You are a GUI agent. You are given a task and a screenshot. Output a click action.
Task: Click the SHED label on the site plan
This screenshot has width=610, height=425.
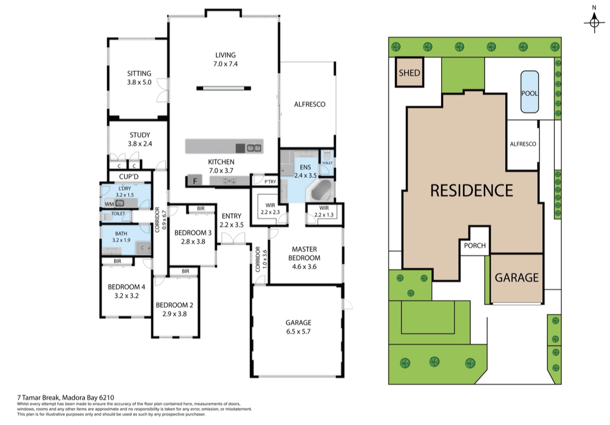tap(409, 72)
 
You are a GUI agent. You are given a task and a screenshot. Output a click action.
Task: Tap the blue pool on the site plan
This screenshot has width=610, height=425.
tap(530, 92)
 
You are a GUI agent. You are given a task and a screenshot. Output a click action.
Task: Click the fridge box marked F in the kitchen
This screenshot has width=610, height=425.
tap(195, 181)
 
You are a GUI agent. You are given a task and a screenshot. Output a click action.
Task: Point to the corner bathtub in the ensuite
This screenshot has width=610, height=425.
tap(321, 192)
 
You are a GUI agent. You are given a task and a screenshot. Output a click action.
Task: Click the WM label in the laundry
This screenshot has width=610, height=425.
tap(109, 204)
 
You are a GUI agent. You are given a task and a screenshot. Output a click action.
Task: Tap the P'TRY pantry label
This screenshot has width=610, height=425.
tap(270, 181)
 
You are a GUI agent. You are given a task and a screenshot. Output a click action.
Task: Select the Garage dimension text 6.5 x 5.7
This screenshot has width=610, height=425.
tap(298, 331)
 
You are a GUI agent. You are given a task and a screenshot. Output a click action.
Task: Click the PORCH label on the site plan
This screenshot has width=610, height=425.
tap(474, 245)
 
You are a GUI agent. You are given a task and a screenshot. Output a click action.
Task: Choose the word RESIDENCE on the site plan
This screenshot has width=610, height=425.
tap(471, 190)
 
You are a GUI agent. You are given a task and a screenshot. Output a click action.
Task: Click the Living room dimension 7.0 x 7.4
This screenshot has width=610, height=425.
tap(225, 64)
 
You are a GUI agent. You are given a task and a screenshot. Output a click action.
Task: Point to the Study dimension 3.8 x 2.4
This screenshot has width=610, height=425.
tap(140, 143)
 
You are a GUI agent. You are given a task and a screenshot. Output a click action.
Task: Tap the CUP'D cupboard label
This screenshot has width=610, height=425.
tap(129, 177)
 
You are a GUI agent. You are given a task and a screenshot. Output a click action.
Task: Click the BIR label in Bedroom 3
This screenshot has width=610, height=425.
tap(201, 209)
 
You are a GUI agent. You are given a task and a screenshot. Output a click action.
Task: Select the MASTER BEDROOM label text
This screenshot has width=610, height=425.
tap(304, 253)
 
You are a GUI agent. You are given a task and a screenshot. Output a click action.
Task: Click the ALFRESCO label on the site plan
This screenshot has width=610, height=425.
tap(523, 144)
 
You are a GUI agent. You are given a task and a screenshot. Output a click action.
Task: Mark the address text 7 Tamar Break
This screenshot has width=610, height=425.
tap(38, 397)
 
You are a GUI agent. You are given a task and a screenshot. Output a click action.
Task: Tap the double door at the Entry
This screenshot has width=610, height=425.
tap(233, 238)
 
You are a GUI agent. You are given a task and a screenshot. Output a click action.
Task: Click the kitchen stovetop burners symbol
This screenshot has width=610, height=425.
tap(229, 181)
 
